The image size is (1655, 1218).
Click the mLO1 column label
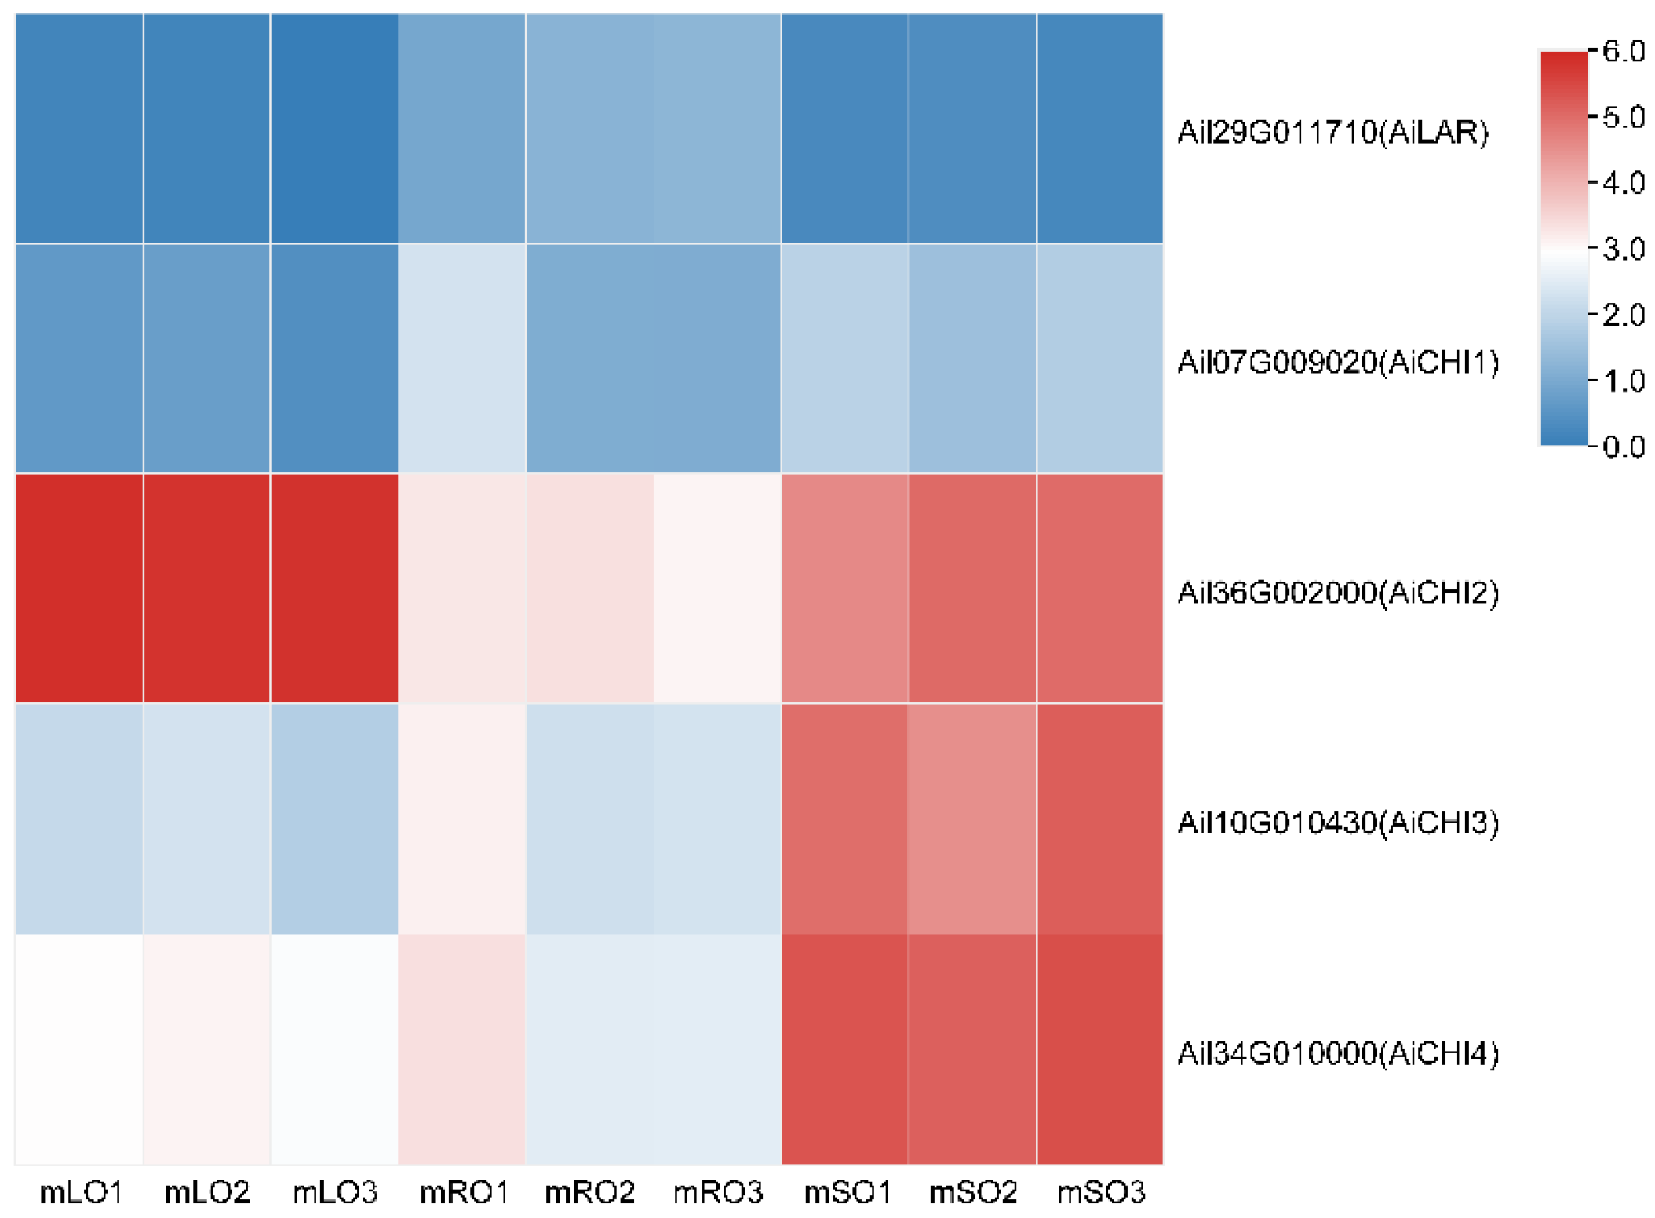[x=81, y=1192]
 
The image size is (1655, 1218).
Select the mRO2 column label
[x=589, y=1192]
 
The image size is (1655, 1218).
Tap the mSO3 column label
[x=1100, y=1192]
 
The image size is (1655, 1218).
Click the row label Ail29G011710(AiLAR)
[x=1332, y=132]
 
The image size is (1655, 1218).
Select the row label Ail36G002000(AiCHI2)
[x=1337, y=592]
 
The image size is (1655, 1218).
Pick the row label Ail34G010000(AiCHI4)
[x=1337, y=1052]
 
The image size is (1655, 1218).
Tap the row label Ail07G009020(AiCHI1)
[x=1337, y=362]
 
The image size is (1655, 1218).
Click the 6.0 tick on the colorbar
[x=1623, y=51]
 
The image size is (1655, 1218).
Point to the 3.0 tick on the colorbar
[x=1623, y=249]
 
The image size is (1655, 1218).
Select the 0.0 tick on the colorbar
[x=1623, y=447]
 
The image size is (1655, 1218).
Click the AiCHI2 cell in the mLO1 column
[x=79, y=589]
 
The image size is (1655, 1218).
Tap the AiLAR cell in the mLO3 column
[x=334, y=128]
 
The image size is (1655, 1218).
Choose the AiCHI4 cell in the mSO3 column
[x=1099, y=1049]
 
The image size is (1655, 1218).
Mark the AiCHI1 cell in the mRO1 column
[x=461, y=359]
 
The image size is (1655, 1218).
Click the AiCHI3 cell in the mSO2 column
[x=972, y=819]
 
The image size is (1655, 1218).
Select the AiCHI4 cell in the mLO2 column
[x=207, y=1049]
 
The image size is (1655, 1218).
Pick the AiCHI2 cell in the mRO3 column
[x=717, y=589]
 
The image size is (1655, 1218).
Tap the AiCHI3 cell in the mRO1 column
[x=461, y=819]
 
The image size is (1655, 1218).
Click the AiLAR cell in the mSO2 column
[x=972, y=128]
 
